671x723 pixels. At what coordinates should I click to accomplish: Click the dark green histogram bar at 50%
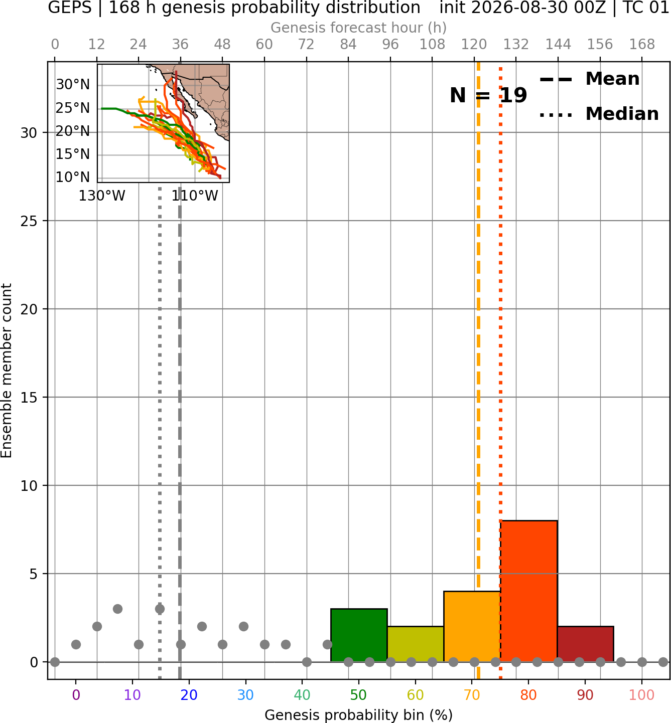click(x=359, y=635)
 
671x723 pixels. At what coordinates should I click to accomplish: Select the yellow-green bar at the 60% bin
click(x=415, y=644)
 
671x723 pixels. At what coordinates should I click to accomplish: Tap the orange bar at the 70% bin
click(x=472, y=627)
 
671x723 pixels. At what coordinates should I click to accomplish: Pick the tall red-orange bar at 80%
click(x=529, y=591)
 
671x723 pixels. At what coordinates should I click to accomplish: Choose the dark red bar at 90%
click(x=585, y=644)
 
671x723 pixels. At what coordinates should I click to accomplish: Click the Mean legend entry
click(x=590, y=79)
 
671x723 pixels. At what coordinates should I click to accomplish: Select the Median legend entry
click(x=599, y=114)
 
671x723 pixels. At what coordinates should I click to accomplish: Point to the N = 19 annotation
click(x=488, y=95)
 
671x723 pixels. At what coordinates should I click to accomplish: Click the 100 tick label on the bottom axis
click(x=642, y=695)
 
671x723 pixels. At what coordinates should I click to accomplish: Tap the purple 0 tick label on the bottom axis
click(x=76, y=695)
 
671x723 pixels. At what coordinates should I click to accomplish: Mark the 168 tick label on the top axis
click(x=642, y=45)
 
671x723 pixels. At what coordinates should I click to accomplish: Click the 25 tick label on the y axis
click(x=29, y=221)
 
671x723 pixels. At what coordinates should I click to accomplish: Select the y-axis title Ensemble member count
click(x=7, y=371)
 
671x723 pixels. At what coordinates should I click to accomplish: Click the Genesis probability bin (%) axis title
click(x=359, y=715)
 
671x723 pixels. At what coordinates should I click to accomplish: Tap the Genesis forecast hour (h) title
click(x=359, y=28)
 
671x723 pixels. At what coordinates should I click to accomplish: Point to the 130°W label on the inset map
click(x=102, y=196)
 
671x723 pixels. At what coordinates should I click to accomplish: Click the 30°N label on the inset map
click(x=73, y=84)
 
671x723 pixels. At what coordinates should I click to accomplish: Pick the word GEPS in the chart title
click(x=70, y=8)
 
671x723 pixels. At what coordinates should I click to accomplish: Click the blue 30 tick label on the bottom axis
click(x=245, y=695)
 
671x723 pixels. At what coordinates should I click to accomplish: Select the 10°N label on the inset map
click(x=73, y=177)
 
